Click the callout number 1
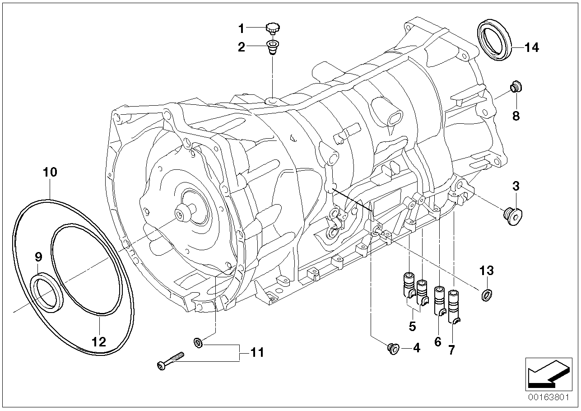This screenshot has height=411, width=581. click(x=241, y=29)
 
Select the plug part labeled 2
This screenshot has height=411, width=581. click(x=272, y=47)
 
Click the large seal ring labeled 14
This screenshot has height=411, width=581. click(x=495, y=39)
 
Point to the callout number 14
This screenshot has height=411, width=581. click(x=531, y=47)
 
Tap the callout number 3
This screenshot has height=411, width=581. click(x=516, y=186)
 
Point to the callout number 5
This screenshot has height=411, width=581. click(x=413, y=326)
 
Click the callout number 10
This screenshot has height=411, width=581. click(x=50, y=172)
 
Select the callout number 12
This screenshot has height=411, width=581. click(x=99, y=341)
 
